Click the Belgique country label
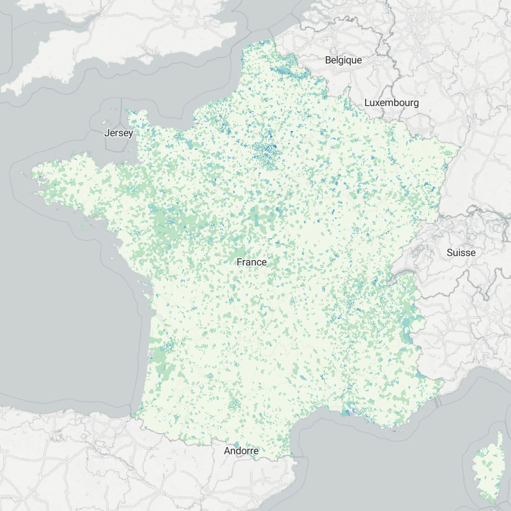(x=343, y=60)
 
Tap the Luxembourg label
(x=391, y=102)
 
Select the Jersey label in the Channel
(x=119, y=133)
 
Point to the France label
(x=251, y=262)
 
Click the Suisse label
(x=461, y=252)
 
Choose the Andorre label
(x=241, y=451)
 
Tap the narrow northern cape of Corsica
(x=500, y=439)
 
